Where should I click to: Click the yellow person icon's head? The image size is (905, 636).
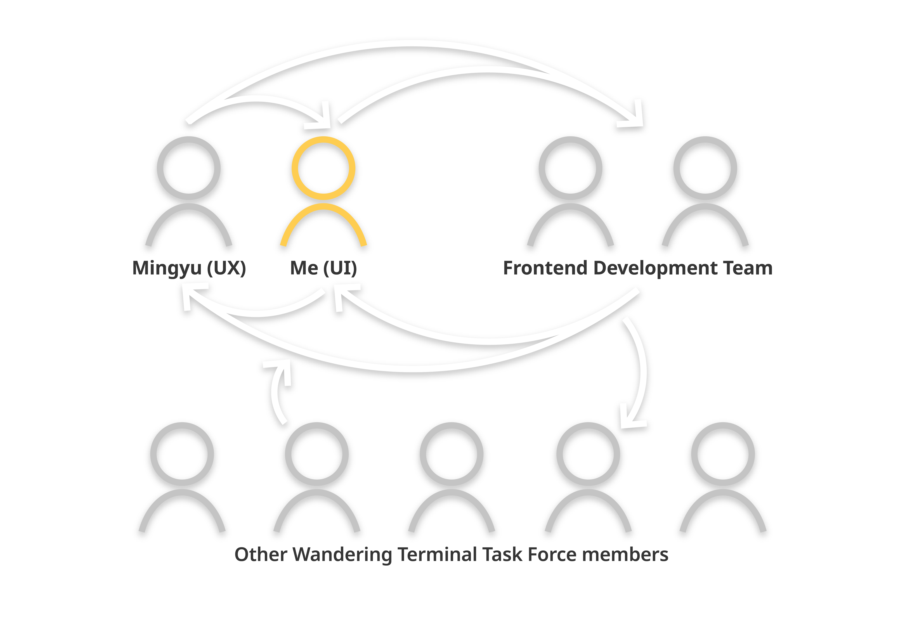tap(323, 168)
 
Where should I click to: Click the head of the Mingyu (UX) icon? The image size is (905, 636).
tap(188, 168)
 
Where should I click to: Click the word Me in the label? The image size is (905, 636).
tap(304, 268)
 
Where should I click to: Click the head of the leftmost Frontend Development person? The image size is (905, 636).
tap(570, 168)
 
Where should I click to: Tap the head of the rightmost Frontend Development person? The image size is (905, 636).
tap(705, 168)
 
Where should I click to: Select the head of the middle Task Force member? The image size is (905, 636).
tap(451, 454)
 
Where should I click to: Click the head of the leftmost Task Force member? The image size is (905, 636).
tap(182, 454)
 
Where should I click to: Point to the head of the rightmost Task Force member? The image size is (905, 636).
tap(723, 454)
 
